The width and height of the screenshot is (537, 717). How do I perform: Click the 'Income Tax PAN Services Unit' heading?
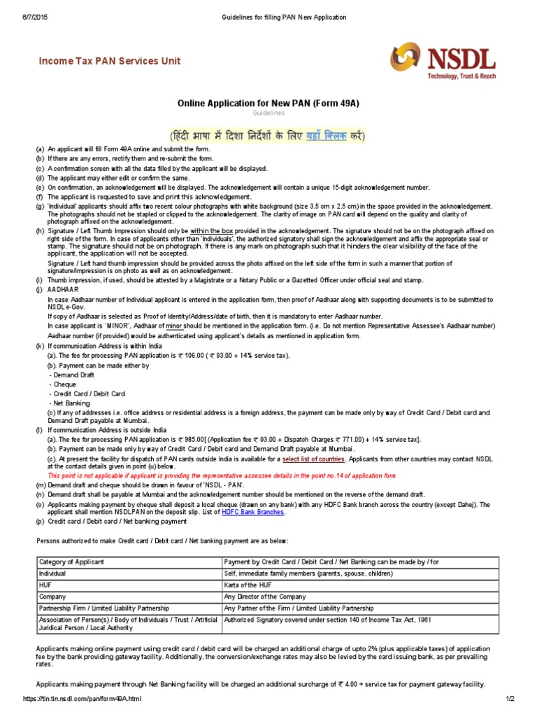coord(109,61)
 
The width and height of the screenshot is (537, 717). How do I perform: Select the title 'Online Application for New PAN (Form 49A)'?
coord(268,103)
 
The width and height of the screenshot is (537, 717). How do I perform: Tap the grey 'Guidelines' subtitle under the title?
coord(268,113)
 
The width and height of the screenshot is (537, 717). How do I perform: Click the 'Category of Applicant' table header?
coord(71,562)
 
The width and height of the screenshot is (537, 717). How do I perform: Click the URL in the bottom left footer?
coord(82,699)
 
